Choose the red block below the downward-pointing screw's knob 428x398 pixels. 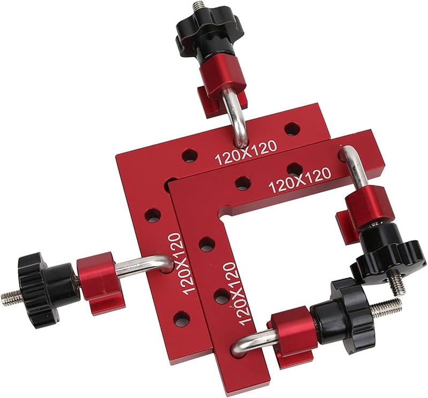pyautogui.click(x=363, y=206)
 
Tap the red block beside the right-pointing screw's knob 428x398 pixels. pyautogui.click(x=292, y=329)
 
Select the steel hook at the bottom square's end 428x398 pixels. pyautogui.click(x=249, y=342)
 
